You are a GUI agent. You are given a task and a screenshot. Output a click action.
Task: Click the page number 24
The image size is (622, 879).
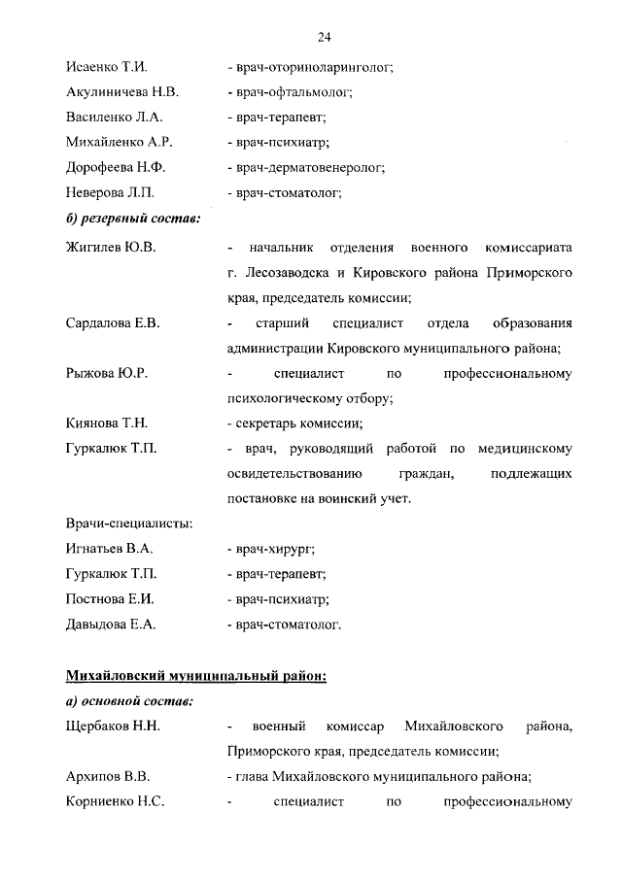[325, 37]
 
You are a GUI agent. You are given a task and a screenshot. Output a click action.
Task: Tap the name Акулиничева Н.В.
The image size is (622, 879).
[121, 92]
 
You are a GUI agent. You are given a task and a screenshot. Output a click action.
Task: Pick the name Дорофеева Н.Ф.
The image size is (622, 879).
[113, 167]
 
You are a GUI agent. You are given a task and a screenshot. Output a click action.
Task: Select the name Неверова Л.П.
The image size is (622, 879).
[109, 192]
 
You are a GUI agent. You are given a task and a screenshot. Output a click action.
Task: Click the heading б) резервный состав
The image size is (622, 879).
[133, 218]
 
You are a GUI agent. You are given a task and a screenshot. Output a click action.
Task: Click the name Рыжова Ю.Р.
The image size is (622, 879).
[106, 373]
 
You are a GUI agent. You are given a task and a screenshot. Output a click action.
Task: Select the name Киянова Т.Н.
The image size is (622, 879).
[108, 423]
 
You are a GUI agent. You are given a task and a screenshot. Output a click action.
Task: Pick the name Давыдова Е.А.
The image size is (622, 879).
[110, 625]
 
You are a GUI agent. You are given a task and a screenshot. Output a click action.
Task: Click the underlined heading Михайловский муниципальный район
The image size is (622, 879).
[196, 676]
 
